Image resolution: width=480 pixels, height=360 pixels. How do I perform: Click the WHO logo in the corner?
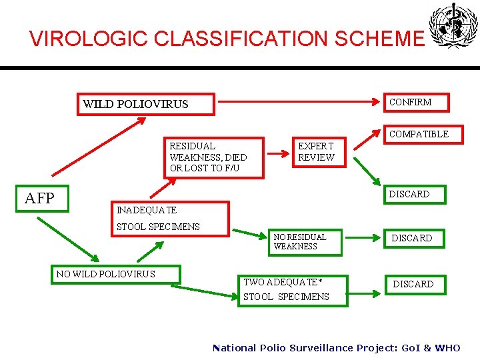coord(453,27)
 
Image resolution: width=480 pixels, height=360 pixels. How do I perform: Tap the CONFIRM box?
coord(419,102)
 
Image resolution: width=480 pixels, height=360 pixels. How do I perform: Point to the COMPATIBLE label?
coord(419,134)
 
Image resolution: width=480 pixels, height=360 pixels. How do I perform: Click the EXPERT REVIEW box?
coord(315,151)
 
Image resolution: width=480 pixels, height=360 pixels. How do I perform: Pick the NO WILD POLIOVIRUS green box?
coord(116,274)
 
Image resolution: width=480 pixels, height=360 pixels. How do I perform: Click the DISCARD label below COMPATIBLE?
coord(409,194)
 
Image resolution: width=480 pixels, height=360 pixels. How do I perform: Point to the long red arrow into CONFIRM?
coord(300,103)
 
